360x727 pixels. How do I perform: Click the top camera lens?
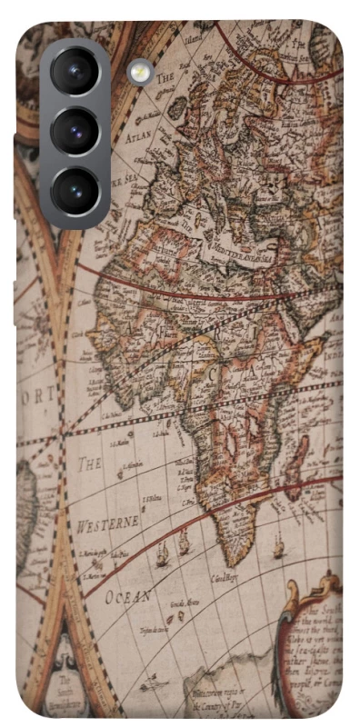pyautogui.click(x=75, y=72)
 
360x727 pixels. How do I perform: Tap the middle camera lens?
pyautogui.click(x=75, y=132)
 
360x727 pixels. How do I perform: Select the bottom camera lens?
pyautogui.click(x=75, y=192)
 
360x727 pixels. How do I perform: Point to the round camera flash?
pyautogui.click(x=140, y=72)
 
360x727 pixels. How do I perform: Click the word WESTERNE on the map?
pyautogui.click(x=108, y=523)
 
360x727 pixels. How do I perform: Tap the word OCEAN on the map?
pyautogui.click(x=127, y=596)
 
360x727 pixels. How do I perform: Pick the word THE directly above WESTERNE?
pyautogui.click(x=89, y=463)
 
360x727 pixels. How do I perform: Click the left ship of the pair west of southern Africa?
pyautogui.click(x=163, y=553)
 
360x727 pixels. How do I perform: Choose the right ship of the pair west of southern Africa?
pyautogui.click(x=184, y=543)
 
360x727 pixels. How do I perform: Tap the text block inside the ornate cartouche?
pyautogui.click(x=315, y=649)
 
